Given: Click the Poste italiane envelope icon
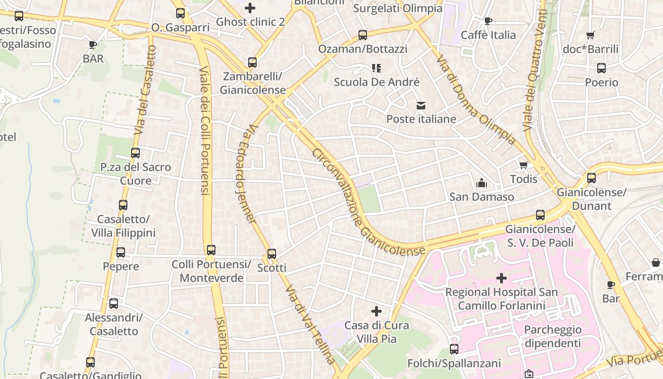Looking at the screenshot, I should [x=421, y=106].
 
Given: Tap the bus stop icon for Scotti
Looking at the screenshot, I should [x=271, y=254].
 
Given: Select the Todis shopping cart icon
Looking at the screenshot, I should [x=523, y=165].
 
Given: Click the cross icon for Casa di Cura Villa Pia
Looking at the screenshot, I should [x=376, y=311].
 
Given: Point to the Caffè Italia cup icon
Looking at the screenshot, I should [x=488, y=21].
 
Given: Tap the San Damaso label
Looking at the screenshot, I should [x=482, y=197].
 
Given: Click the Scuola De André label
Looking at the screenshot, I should [x=376, y=82].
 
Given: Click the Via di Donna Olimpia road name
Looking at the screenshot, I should [x=475, y=99].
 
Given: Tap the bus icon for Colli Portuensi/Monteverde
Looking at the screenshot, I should [x=211, y=250].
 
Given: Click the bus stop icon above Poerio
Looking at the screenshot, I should [x=601, y=68].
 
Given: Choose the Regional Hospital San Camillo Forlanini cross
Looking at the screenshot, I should [x=502, y=278].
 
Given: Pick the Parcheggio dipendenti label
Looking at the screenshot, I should [x=553, y=336].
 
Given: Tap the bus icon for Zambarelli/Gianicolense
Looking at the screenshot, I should [x=252, y=63].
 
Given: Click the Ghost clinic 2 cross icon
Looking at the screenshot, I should [x=250, y=8].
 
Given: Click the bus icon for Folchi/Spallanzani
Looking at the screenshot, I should [x=454, y=350].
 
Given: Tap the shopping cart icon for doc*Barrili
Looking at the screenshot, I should [x=590, y=35].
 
